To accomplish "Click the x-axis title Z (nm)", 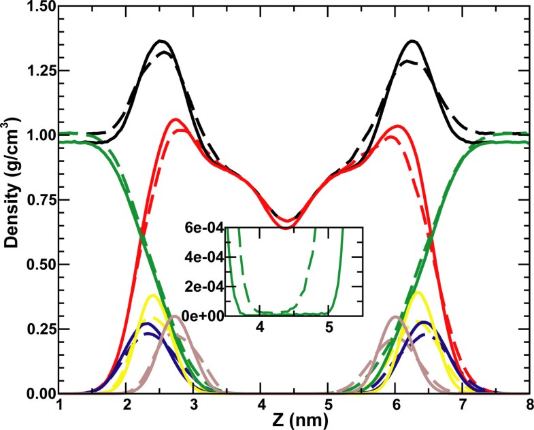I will pos(295,420).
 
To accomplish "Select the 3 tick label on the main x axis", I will pos(195,406).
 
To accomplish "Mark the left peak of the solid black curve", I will pos(161,41).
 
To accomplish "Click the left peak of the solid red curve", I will pos(176,120).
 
